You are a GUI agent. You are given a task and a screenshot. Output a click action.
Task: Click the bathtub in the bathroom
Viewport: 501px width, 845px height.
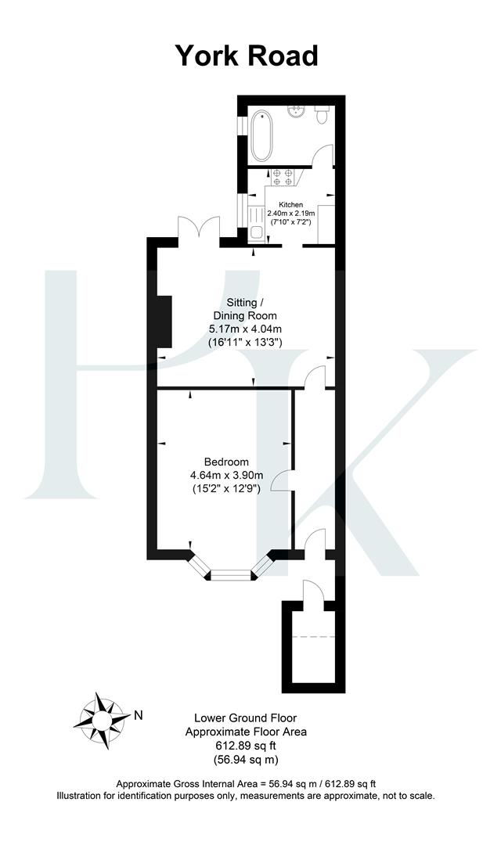click(x=261, y=136)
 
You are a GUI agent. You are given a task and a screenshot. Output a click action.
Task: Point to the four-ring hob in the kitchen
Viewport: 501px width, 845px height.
click(x=283, y=178)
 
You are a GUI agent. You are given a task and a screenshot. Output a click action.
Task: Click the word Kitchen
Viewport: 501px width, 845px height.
click(x=290, y=204)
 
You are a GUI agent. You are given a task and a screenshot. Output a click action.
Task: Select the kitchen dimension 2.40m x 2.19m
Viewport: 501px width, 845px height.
click(x=290, y=213)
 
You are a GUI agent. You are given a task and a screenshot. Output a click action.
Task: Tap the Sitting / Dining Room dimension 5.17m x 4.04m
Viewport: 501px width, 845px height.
click(x=245, y=329)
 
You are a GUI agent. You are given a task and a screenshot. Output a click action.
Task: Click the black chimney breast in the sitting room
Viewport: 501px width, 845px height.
click(x=164, y=321)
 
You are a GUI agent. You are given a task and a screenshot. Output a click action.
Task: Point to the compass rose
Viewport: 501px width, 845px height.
click(x=103, y=715)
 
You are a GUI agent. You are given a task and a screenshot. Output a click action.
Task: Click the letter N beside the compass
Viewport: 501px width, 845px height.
click(x=139, y=714)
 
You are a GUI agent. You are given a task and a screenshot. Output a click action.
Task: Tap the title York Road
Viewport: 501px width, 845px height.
click(x=246, y=56)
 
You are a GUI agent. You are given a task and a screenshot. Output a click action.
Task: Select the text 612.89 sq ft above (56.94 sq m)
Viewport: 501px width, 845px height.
click(x=245, y=746)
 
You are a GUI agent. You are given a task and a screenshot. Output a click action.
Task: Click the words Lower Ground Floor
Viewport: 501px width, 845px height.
click(x=245, y=717)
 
